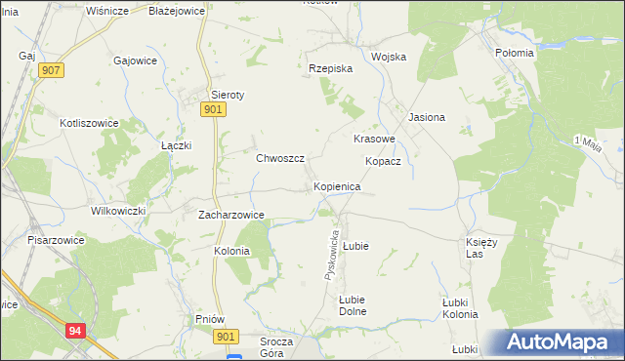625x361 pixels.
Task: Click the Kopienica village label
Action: pyautogui.click(x=338, y=185)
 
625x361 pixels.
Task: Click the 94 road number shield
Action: pyautogui.click(x=76, y=332)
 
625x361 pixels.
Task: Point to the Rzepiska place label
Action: pyautogui.click(x=330, y=69)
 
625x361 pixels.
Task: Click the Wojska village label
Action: pyautogui.click(x=388, y=57)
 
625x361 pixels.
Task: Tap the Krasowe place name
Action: pyautogui.click(x=373, y=140)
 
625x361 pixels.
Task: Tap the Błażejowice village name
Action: pyautogui.click(x=175, y=11)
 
